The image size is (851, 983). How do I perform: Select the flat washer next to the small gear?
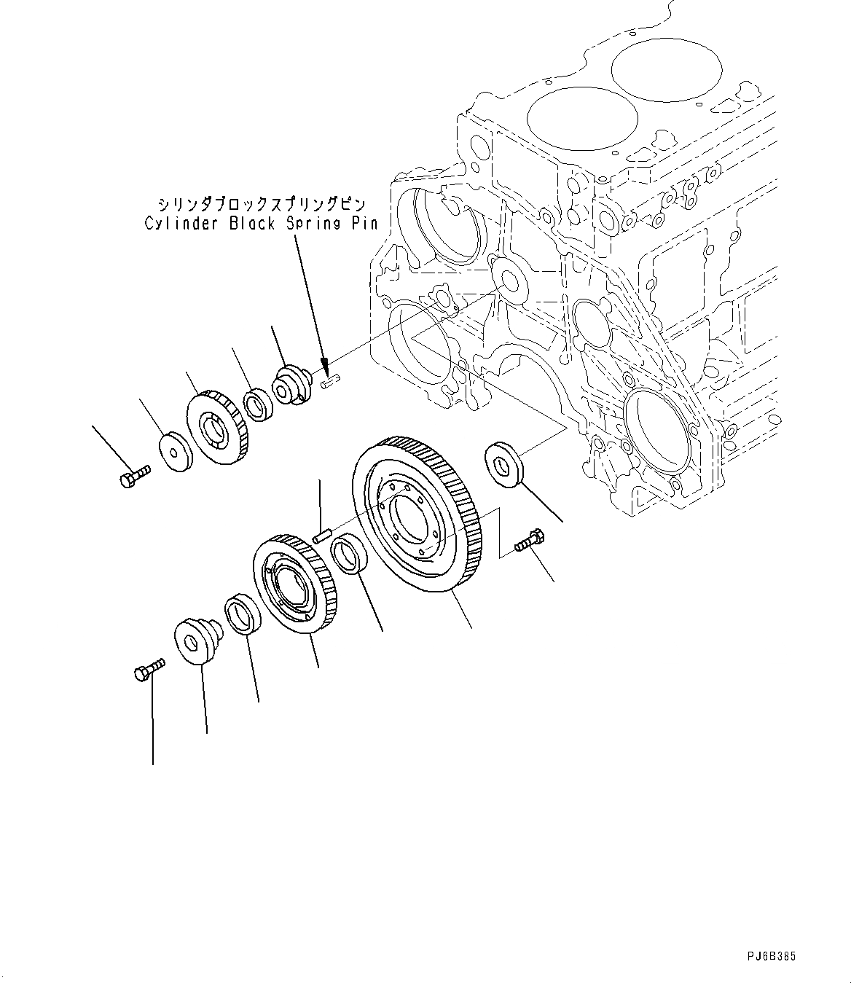pyautogui.click(x=173, y=453)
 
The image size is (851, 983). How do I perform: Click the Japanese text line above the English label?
pyautogui.click(x=261, y=203)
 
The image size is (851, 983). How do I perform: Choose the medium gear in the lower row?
pyautogui.click(x=294, y=583)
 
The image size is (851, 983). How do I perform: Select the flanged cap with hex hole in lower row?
pyautogui.click(x=195, y=641)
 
